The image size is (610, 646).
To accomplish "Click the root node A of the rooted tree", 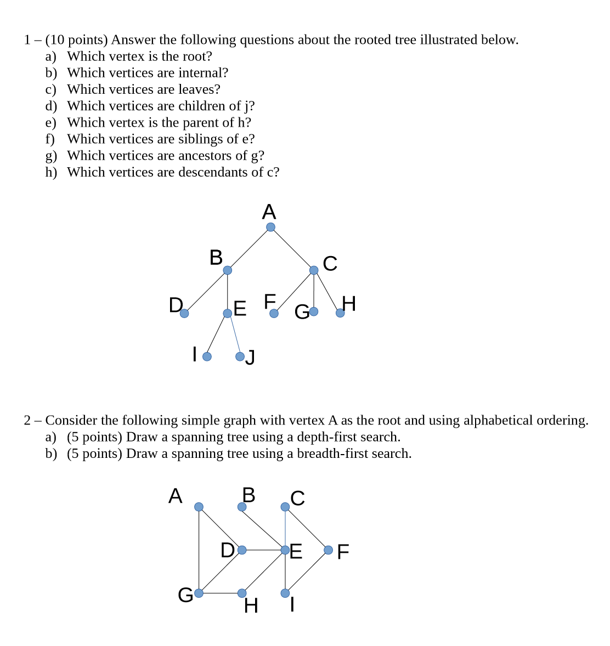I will click(x=270, y=227).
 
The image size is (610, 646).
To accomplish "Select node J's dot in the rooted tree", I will click(x=240, y=356).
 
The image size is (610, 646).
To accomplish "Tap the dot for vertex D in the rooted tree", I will click(x=184, y=313).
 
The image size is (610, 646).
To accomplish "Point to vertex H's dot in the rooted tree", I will click(x=340, y=313).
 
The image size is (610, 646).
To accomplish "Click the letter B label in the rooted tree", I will click(x=216, y=257).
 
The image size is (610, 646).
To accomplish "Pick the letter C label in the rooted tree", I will click(x=330, y=264).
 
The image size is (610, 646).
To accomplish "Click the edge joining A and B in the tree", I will click(x=249, y=248).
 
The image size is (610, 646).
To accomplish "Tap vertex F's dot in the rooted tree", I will click(x=274, y=313).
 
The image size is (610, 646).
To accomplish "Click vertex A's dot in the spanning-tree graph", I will click(x=199, y=507).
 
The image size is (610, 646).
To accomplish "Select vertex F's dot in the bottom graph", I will click(x=328, y=549).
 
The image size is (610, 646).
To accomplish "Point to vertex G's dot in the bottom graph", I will click(x=199, y=593).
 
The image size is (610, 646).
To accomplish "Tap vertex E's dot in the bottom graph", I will click(x=285, y=549).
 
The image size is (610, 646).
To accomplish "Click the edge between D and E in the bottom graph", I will click(x=263, y=549).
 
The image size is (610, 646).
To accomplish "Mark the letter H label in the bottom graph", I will click(x=251, y=606).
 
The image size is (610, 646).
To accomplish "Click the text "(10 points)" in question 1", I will click(x=76, y=40).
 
